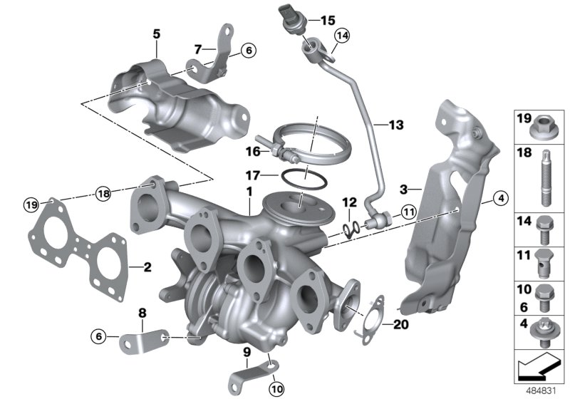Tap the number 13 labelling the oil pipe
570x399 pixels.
396,125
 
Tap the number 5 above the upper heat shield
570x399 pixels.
156,33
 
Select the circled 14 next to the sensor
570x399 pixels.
342,36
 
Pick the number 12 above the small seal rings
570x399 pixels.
348,204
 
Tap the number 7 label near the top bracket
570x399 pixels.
199,49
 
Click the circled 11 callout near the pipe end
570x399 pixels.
408,211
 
